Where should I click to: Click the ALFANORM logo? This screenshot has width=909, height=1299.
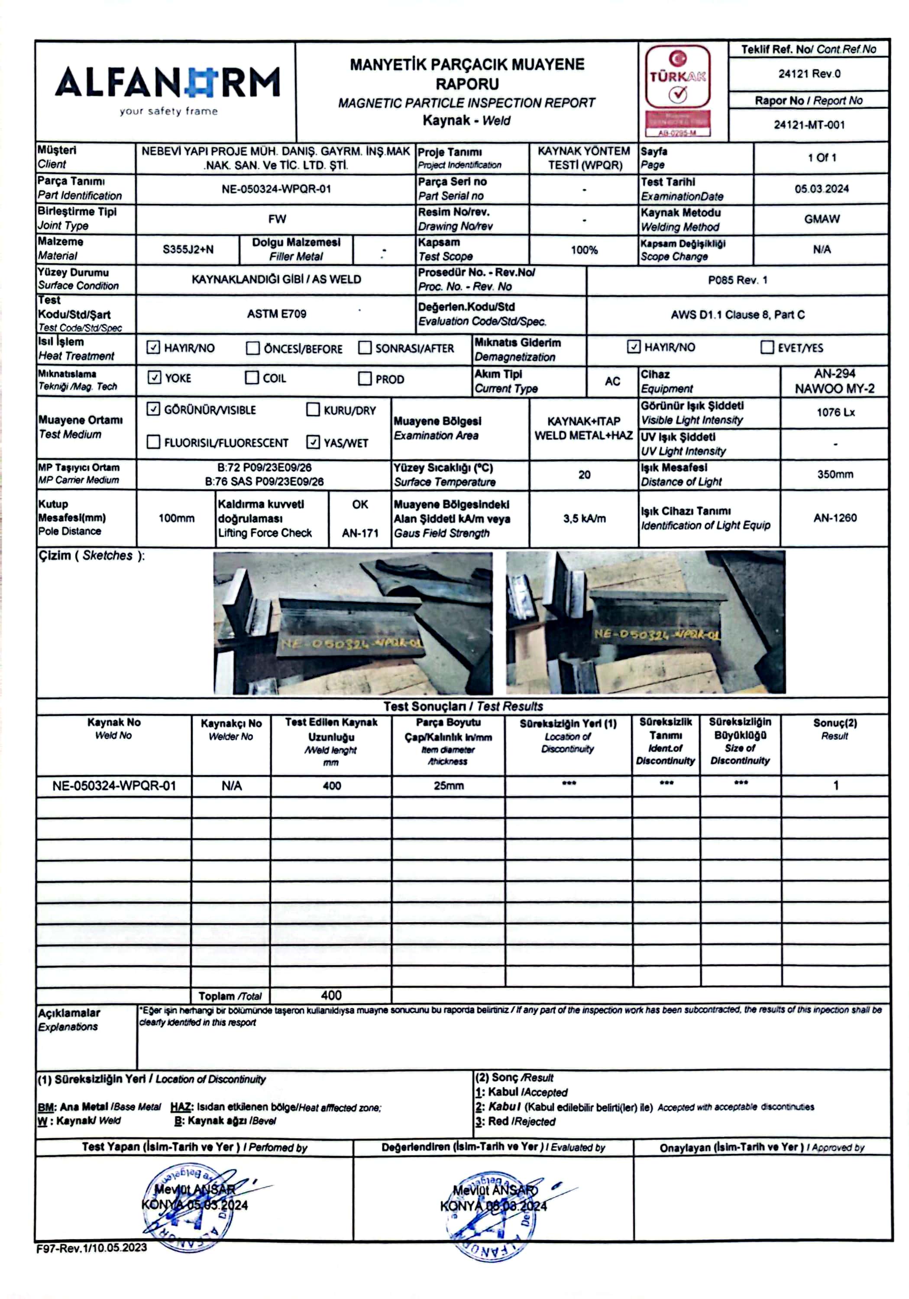click(167, 88)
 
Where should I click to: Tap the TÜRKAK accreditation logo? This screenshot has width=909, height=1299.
click(677, 90)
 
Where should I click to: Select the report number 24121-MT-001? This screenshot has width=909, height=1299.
click(809, 125)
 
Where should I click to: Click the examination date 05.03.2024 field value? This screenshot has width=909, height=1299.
click(821, 189)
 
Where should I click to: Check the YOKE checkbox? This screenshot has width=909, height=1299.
click(154, 378)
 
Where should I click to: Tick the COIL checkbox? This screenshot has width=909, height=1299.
click(252, 378)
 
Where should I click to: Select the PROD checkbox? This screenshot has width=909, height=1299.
click(365, 378)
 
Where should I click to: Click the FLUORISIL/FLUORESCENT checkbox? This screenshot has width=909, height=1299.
click(153, 442)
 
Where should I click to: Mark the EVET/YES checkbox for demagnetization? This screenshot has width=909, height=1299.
click(767, 347)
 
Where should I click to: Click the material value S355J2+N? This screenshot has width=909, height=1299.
click(188, 249)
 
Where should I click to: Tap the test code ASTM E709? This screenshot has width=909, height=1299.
click(276, 314)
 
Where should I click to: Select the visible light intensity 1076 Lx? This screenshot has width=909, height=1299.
click(835, 413)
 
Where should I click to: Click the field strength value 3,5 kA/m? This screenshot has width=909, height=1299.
click(584, 518)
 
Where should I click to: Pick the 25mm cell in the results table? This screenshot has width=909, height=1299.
click(448, 786)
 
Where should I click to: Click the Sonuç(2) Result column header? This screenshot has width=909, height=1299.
click(835, 729)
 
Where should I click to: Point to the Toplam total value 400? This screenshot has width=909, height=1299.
click(331, 995)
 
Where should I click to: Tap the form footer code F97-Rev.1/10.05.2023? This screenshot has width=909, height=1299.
click(92, 1247)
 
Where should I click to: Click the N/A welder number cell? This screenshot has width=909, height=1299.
click(232, 786)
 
